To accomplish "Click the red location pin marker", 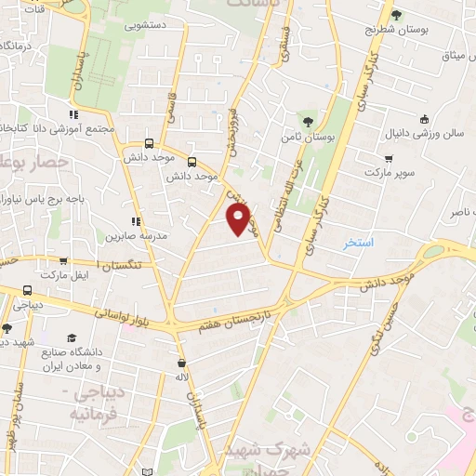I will click(x=239, y=219).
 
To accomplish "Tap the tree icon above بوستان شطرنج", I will click(x=396, y=14).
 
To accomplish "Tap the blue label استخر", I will click(x=358, y=243).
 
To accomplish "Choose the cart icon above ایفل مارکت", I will click(x=62, y=261).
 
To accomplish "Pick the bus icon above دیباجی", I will click(x=27, y=289).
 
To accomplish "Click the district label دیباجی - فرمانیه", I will click(x=89, y=402).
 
